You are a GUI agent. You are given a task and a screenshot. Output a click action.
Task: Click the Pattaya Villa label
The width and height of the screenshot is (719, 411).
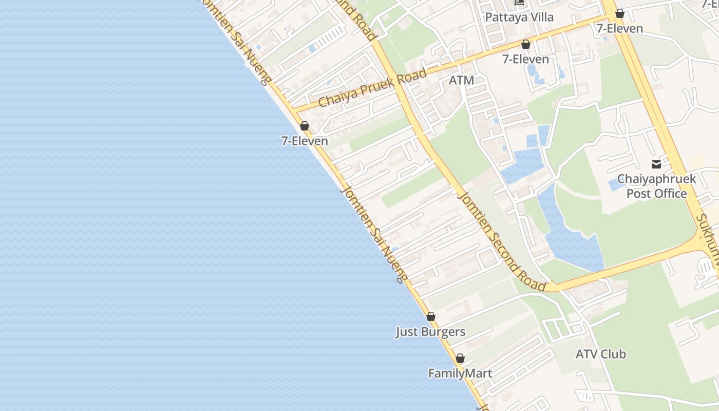pos(519,17)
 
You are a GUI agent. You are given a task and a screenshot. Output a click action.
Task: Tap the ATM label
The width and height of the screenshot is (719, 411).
pos(461,80)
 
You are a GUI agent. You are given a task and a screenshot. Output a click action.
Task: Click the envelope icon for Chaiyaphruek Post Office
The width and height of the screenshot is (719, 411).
pos(656,164)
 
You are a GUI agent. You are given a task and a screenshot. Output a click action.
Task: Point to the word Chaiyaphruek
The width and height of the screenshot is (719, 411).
pos(656,179)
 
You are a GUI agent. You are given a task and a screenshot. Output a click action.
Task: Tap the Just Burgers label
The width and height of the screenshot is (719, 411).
pos(430,332)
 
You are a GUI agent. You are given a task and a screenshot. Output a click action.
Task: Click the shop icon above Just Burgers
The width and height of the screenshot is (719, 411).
pos(431,316)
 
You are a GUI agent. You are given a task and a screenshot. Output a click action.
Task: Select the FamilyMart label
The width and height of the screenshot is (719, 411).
pos(460,373)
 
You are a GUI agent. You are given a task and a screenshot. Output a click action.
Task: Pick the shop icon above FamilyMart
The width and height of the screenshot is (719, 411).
pos(460,358)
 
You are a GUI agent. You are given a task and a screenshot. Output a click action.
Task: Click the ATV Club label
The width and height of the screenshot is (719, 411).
pos(600,354)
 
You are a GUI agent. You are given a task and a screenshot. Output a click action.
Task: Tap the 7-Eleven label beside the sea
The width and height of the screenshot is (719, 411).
pos(305,140)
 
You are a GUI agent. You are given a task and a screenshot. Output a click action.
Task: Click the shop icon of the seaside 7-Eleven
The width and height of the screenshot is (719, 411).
pos(305,126)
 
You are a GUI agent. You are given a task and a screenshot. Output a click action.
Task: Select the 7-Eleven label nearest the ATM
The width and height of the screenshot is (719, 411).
pos(525,59)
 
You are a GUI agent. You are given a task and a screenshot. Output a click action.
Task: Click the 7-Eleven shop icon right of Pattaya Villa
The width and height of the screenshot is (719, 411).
pos(620,13)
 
